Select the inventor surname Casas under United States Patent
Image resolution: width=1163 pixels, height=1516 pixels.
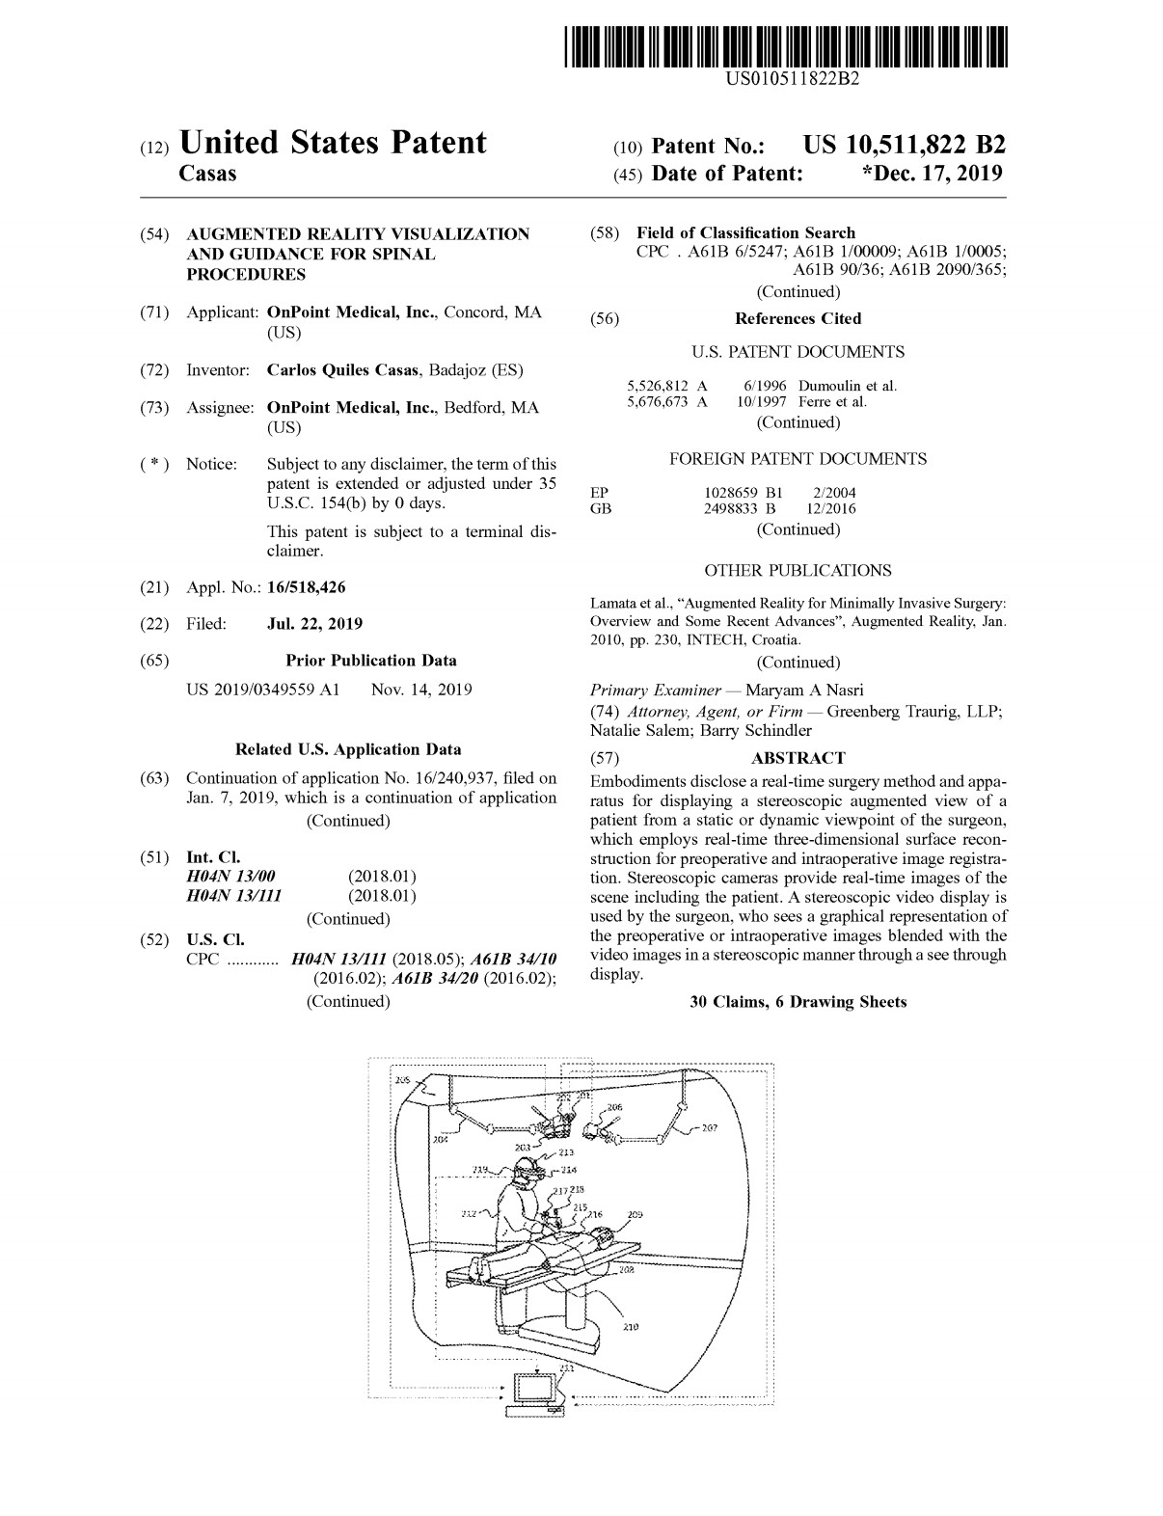click(x=208, y=174)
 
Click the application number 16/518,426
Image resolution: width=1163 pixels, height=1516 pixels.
click(x=306, y=587)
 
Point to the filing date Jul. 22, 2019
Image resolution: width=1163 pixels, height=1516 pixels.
click(x=314, y=624)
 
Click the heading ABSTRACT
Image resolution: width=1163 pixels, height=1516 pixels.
click(x=798, y=758)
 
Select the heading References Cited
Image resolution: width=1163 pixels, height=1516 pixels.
click(x=798, y=318)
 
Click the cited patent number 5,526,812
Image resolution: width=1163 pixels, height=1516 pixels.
click(x=659, y=386)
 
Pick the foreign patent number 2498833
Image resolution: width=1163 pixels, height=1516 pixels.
click(x=733, y=508)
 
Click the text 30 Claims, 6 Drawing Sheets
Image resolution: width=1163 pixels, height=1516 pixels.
click(x=798, y=1002)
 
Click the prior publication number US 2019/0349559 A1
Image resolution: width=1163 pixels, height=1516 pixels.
click(x=262, y=690)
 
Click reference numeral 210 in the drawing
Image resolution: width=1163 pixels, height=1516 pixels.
click(x=631, y=1327)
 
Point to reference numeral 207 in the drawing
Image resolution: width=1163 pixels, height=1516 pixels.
click(x=709, y=1127)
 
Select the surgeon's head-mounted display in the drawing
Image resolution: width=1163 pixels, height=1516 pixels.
click(x=527, y=1172)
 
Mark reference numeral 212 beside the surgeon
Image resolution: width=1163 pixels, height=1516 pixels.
click(x=470, y=1213)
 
